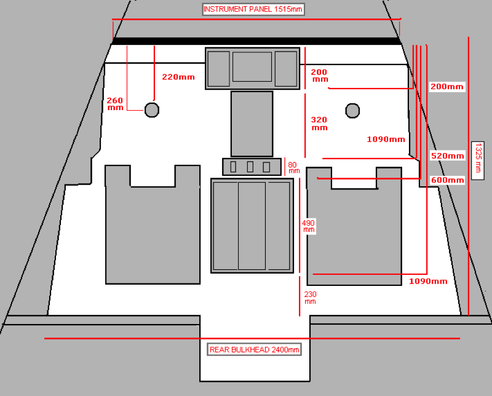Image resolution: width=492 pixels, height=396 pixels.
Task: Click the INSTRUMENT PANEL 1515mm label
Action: tap(253, 9)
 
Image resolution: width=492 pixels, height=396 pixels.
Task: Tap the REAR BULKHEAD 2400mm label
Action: tap(255, 349)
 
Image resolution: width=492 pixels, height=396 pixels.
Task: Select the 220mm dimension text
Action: tap(178, 77)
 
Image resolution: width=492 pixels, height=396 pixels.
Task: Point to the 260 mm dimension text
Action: tap(115, 103)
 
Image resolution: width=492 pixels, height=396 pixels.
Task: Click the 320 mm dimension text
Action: tap(319, 124)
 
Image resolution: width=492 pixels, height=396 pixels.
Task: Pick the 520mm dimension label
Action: tap(447, 156)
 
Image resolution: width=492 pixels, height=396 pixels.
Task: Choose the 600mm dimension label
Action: tap(447, 180)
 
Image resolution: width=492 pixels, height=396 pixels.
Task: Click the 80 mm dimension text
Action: tap(294, 167)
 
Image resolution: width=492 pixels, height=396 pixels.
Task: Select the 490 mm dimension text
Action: tap(308, 226)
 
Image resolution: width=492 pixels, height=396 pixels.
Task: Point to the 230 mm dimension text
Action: tap(310, 298)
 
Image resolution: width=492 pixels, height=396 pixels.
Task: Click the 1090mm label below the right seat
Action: tap(428, 281)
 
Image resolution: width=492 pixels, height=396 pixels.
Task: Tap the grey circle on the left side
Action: tap(152, 110)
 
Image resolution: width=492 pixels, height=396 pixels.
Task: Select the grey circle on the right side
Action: tap(352, 110)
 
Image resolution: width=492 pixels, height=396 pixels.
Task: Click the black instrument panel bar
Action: tap(255, 41)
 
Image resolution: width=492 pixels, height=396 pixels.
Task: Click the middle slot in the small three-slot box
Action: tap(250, 167)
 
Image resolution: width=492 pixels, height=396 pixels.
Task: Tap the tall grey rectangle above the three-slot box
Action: tap(252, 124)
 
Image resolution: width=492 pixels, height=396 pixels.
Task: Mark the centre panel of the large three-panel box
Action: tap(252, 226)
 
